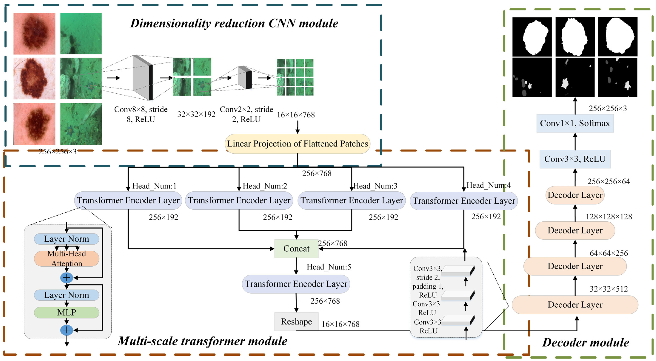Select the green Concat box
(296, 248)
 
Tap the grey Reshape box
(296, 321)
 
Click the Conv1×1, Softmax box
(575, 123)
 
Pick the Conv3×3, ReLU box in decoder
(575, 159)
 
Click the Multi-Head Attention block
(67, 258)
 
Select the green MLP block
(67, 312)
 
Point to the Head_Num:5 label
(328, 267)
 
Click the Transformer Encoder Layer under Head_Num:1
(128, 200)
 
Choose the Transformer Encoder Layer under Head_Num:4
(464, 201)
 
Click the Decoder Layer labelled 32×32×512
(575, 305)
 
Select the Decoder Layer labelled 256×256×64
(575, 195)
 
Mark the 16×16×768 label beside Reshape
(341, 324)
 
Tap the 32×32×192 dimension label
(196, 114)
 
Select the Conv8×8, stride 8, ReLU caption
(141, 114)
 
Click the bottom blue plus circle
(67, 330)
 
